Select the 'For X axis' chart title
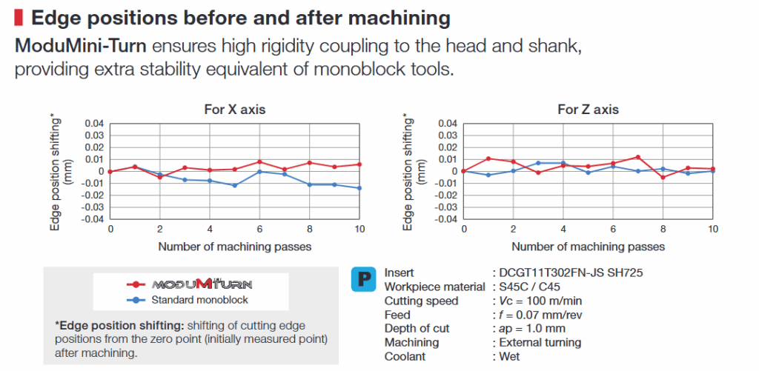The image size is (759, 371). click(x=234, y=110)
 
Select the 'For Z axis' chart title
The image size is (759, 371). click(x=588, y=110)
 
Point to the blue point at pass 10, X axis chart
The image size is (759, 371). click(x=360, y=188)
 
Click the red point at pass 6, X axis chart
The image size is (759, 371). click(x=259, y=161)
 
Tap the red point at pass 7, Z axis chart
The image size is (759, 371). click(x=637, y=157)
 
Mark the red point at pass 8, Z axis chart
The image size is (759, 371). click(x=663, y=177)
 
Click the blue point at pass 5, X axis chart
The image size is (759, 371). click(x=234, y=185)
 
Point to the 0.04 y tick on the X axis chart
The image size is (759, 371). click(x=93, y=123)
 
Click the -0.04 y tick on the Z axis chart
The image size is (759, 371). click(x=445, y=220)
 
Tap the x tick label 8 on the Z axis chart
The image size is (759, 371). click(x=663, y=230)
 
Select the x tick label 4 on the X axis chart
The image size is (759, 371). click(x=210, y=230)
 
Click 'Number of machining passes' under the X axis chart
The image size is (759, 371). click(x=234, y=246)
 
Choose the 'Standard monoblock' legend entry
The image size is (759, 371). click(x=198, y=300)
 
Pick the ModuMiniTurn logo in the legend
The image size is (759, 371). click(x=202, y=284)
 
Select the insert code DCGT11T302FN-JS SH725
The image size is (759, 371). click(x=571, y=273)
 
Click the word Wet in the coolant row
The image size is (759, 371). click(x=509, y=356)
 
